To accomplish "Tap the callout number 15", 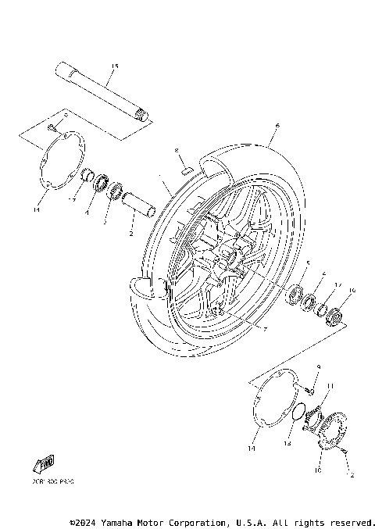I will point(114,66).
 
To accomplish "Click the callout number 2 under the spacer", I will point(131,234).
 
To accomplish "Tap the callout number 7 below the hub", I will point(266,330).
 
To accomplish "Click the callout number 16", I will point(351,291).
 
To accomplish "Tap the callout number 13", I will point(287,444).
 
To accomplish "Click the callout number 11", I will point(330,385).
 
